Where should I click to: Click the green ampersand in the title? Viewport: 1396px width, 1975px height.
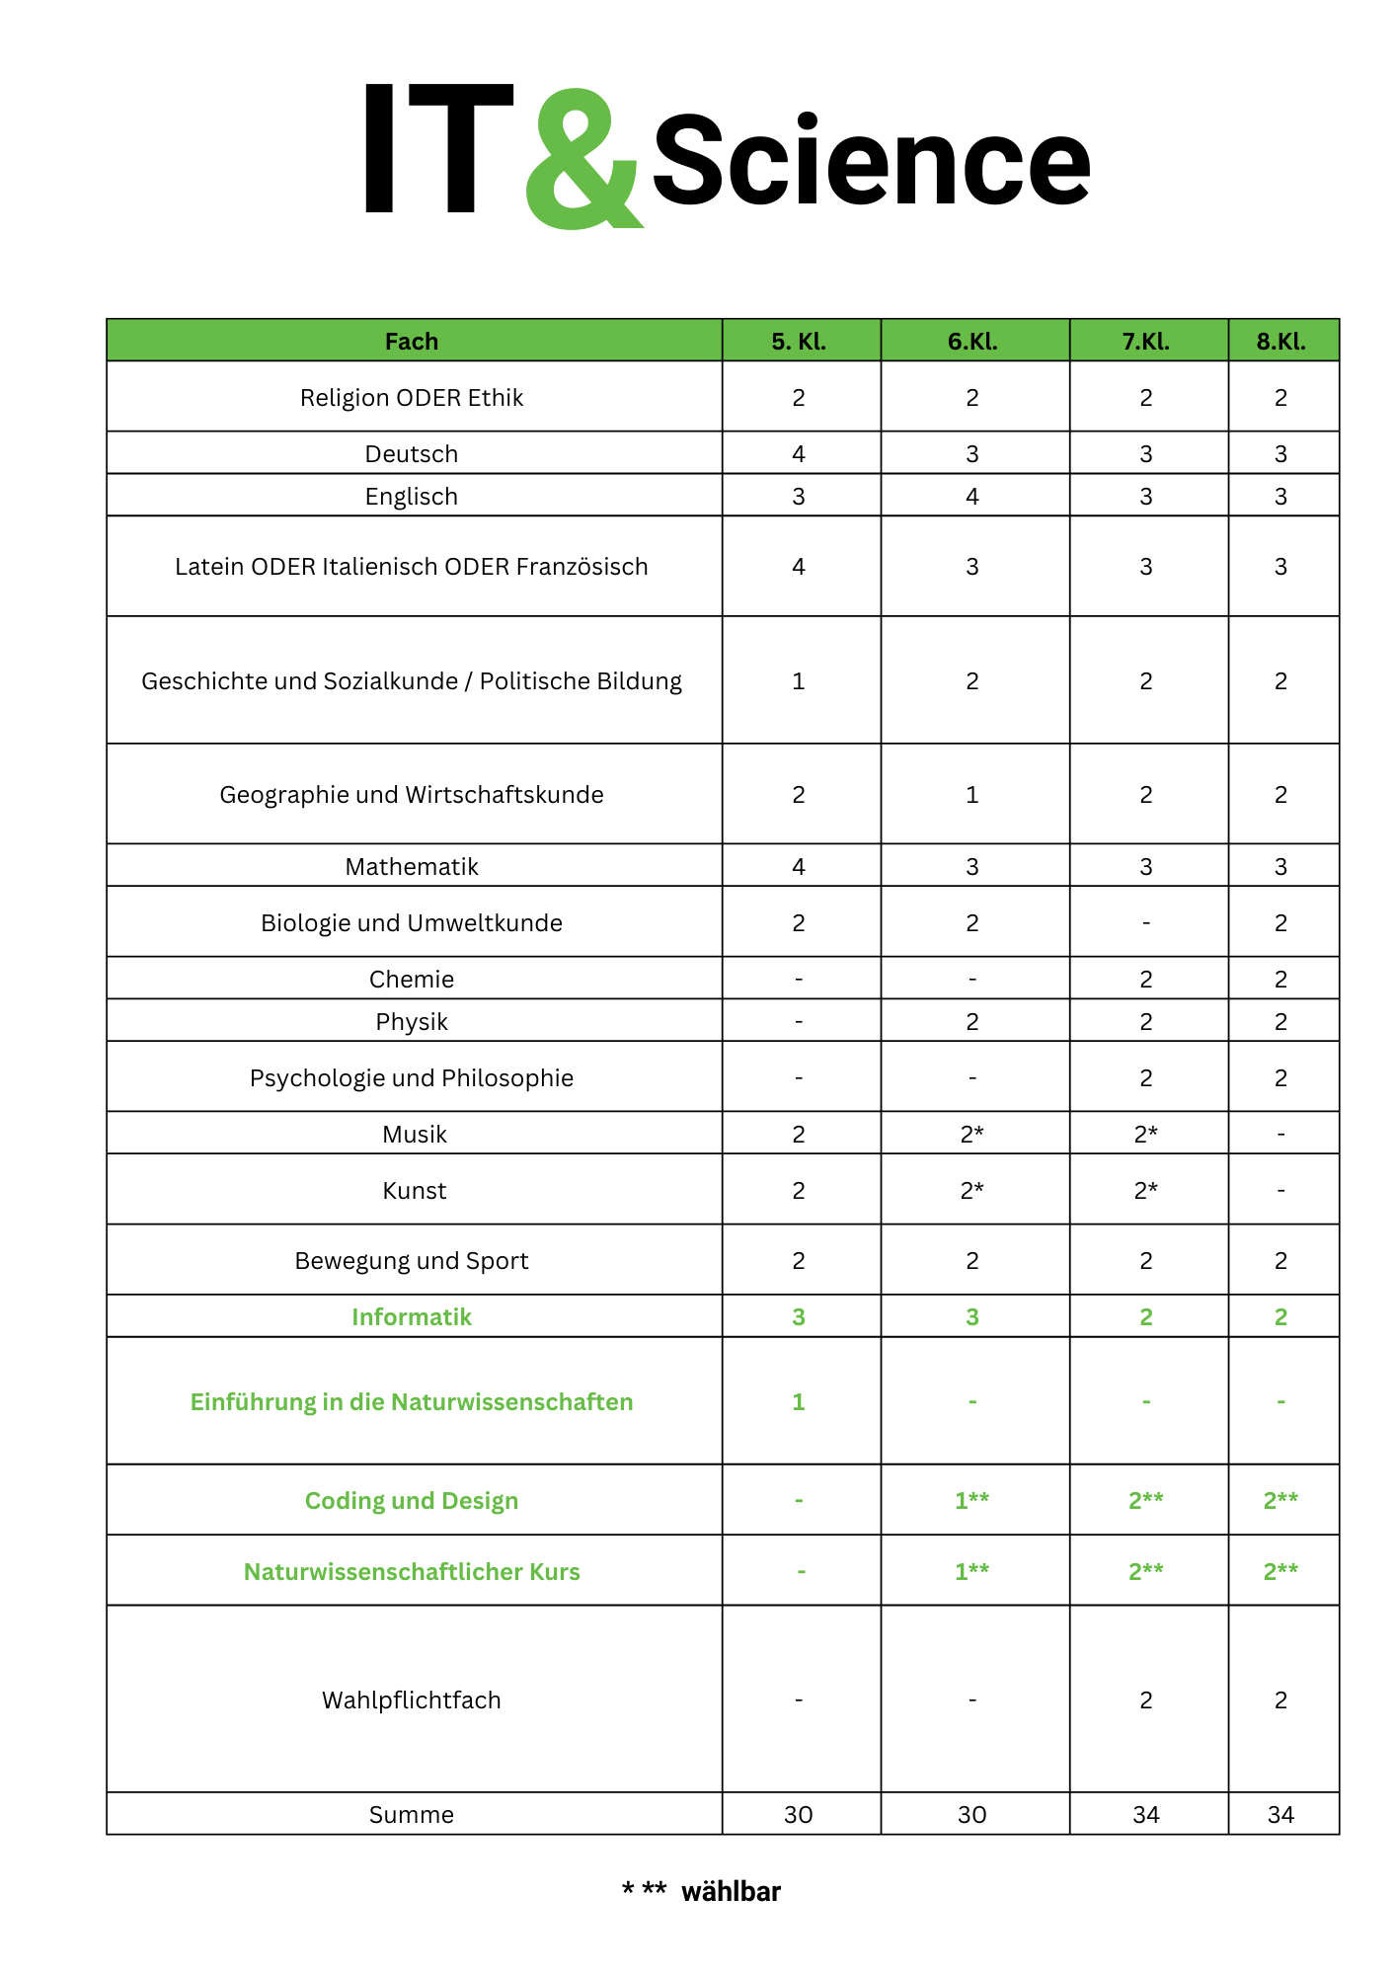582,160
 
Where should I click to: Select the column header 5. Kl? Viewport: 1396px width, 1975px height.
799,342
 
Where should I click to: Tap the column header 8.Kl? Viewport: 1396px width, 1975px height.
1280,342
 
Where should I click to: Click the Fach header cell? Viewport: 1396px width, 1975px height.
412,342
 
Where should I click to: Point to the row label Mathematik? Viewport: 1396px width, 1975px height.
412,867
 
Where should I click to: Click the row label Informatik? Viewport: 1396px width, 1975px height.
412,1317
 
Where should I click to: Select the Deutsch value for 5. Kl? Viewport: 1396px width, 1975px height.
799,454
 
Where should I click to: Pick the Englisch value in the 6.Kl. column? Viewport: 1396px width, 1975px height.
972,497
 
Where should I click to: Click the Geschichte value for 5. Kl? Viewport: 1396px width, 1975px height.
799,681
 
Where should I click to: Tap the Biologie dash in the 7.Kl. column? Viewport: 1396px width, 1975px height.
1146,923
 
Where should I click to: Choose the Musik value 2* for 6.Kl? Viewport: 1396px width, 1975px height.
972,1135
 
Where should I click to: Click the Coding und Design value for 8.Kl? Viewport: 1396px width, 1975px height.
1280,1501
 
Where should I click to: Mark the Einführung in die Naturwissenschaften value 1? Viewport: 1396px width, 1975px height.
799,1402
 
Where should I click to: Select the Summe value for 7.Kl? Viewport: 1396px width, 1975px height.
1146,1815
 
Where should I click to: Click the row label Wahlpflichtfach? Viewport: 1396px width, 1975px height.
412,1700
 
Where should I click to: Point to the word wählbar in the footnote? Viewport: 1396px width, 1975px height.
731,1892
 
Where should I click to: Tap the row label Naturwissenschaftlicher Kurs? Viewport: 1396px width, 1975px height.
412,1572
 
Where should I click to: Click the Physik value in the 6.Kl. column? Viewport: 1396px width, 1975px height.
972,1022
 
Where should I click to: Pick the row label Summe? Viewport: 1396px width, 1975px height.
412,1815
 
